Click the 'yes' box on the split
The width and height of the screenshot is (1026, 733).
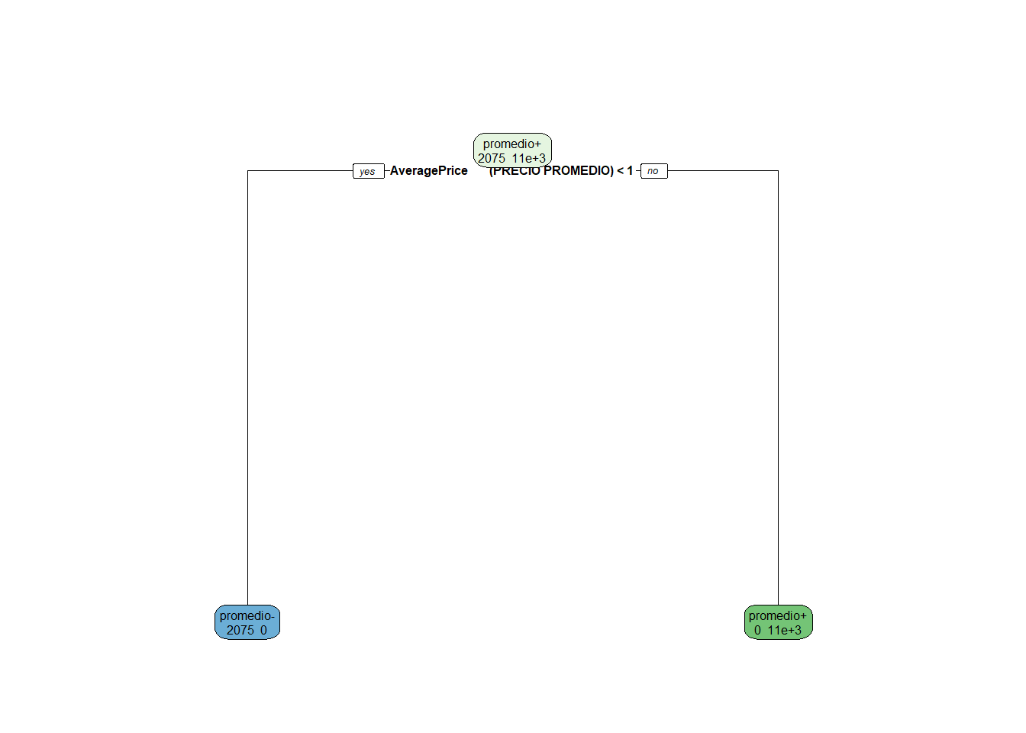pos(368,171)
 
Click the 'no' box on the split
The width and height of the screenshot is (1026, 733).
pos(653,171)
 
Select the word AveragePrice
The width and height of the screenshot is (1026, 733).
pos(428,171)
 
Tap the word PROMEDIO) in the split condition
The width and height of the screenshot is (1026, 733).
pos(579,171)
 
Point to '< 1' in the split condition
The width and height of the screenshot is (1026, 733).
pos(624,171)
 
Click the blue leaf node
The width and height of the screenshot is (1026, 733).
pos(247,622)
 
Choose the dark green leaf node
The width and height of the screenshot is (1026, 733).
pos(778,622)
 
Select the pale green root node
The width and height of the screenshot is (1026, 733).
pos(512,150)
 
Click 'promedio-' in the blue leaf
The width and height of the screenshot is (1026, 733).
pos(247,615)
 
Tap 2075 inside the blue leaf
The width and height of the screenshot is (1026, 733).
pos(240,630)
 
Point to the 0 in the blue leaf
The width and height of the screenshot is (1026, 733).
pos(263,630)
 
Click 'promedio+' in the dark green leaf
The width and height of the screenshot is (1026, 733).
pos(777,615)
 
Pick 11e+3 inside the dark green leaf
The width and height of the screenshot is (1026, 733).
pos(785,630)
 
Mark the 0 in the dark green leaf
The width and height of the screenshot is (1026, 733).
pos(757,630)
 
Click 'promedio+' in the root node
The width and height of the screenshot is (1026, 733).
pos(511,144)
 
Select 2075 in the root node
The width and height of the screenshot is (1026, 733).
pos(492,158)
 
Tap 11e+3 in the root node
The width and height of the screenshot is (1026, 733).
pos(529,158)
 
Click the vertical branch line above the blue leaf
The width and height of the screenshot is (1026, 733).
pos(247,382)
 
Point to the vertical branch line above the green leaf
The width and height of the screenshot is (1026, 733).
pos(778,382)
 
